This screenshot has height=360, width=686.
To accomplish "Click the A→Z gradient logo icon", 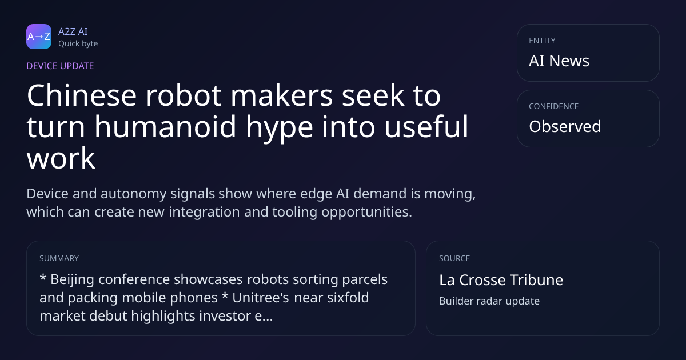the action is click(39, 37).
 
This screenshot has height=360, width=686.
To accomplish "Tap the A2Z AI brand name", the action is click(73, 31).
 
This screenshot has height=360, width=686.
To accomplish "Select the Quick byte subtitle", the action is click(78, 44).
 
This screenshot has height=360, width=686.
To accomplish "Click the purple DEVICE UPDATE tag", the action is click(60, 66).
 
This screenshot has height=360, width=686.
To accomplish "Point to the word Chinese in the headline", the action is click(82, 95).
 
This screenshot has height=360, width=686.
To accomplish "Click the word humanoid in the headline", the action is click(165, 127).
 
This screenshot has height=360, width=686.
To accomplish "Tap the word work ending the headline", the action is click(61, 158).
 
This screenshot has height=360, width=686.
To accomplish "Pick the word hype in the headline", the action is click(280, 129).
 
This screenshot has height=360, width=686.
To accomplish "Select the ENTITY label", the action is click(542, 41).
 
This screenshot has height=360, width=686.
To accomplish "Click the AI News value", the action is click(559, 61).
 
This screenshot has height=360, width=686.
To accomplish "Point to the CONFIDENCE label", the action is click(554, 106).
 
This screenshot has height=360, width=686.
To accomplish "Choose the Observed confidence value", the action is click(565, 126).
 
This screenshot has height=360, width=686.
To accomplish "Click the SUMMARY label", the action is click(59, 258).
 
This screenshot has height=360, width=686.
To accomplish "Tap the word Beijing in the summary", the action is click(72, 280).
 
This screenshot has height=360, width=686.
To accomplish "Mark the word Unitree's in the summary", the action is click(261, 298).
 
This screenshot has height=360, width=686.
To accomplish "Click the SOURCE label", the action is click(454, 258).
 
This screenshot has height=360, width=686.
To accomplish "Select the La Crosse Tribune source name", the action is click(501, 280).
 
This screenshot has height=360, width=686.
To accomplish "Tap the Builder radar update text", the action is click(489, 301).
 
